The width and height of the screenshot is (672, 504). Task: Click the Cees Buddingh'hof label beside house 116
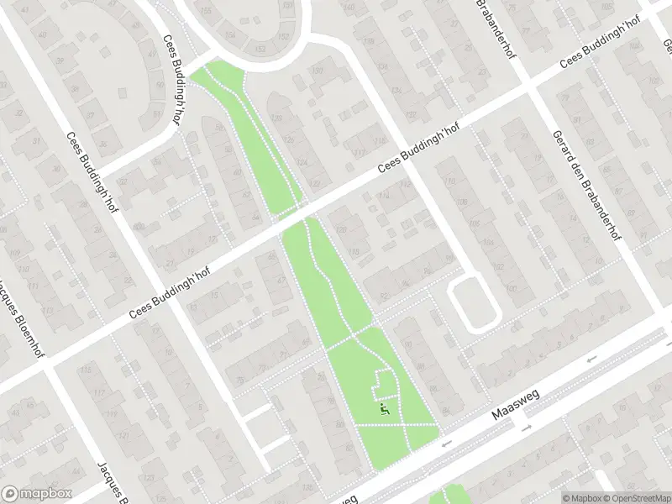(x=419, y=151)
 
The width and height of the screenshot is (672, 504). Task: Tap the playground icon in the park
(x=385, y=409)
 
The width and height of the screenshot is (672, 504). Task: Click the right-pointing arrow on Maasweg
(x=527, y=428)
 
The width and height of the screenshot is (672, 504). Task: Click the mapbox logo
(x=37, y=494)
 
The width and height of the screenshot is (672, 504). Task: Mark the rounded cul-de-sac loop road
(x=475, y=304)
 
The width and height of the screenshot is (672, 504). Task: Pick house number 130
(x=318, y=71)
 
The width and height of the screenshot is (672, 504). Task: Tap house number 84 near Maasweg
(x=445, y=411)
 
